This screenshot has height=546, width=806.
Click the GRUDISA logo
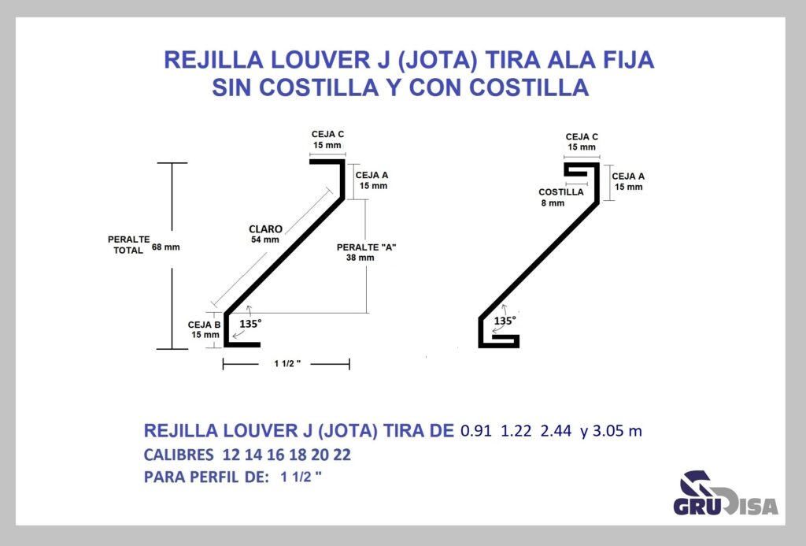726,493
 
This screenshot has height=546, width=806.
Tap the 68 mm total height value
166,247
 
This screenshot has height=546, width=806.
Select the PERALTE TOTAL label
128,245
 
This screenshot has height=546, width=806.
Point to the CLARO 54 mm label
265,234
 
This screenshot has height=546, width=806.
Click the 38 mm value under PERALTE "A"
360,258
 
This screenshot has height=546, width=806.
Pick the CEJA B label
204,325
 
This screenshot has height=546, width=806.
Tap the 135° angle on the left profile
250,324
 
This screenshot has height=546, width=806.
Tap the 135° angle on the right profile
505,321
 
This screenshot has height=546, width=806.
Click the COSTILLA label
560,192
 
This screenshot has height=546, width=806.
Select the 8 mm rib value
553,203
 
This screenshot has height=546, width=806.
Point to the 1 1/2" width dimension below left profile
287,364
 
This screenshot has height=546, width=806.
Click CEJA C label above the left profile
327,134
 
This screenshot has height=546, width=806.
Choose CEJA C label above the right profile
582,137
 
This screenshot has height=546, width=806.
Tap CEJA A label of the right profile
628,176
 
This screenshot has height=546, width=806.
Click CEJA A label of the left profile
372,175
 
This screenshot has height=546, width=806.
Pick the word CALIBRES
179,455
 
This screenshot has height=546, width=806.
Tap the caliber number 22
342,455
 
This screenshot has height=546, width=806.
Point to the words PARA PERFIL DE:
206,477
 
